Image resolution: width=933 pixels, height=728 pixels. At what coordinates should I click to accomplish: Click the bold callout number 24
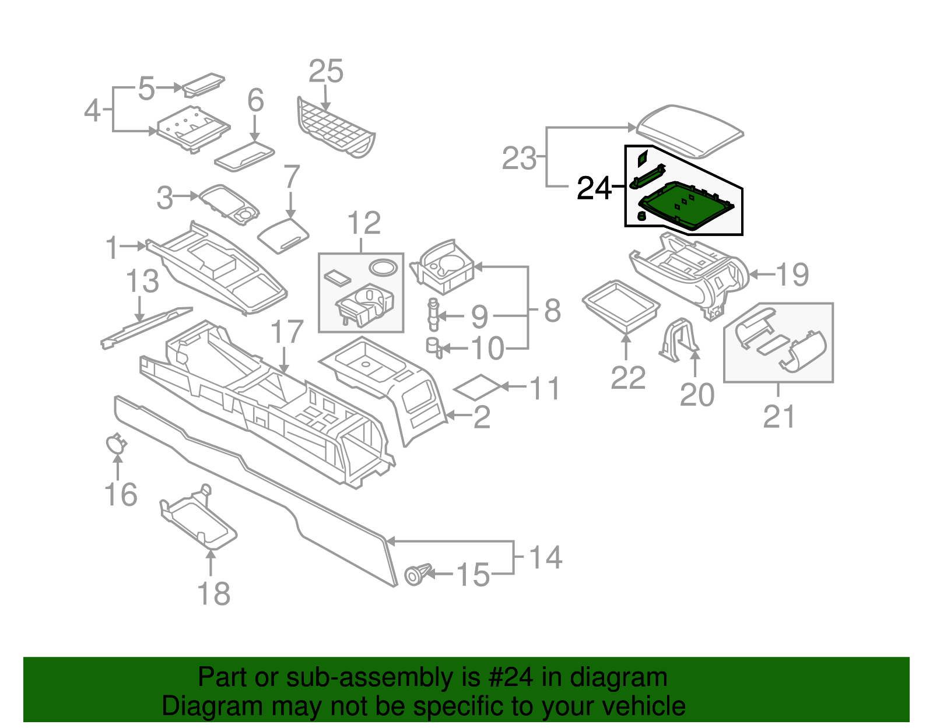pyautogui.click(x=594, y=188)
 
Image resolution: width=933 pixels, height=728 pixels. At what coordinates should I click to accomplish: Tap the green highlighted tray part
pyautogui.click(x=685, y=206)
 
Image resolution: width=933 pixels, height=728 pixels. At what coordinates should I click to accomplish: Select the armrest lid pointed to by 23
pyautogui.click(x=690, y=129)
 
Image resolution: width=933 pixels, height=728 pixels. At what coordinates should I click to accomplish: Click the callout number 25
pyautogui.click(x=325, y=72)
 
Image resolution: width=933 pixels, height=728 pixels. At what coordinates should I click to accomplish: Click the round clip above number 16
pyautogui.click(x=116, y=444)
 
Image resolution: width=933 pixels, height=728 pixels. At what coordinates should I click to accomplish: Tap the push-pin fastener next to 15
pyautogui.click(x=416, y=575)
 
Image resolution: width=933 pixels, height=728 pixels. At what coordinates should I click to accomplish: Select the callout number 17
pyautogui.click(x=287, y=332)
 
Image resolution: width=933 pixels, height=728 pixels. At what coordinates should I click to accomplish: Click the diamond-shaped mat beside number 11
pyautogui.click(x=477, y=387)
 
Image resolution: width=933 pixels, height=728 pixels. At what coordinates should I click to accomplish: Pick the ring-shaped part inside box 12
pyautogui.click(x=383, y=268)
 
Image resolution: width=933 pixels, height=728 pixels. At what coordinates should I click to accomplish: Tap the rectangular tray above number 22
pyautogui.click(x=621, y=305)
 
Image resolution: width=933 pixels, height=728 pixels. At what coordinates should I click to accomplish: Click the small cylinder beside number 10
pyautogui.click(x=433, y=346)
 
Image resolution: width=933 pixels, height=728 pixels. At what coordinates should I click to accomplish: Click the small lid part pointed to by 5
pyautogui.click(x=203, y=85)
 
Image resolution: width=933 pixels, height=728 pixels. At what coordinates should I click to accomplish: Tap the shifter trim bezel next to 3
pyautogui.click(x=229, y=204)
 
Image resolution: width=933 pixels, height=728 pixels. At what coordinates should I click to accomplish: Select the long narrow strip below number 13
pyautogui.click(x=146, y=328)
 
